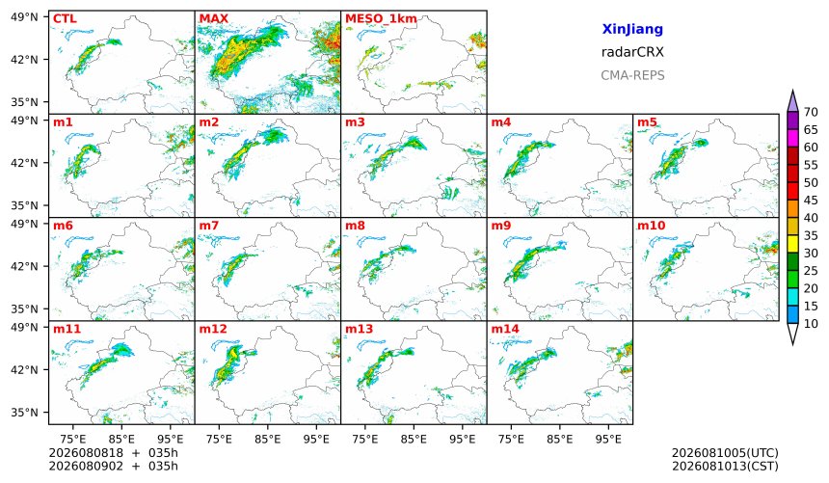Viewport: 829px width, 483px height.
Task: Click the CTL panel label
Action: (65, 19)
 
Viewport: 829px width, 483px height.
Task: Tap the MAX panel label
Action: (214, 19)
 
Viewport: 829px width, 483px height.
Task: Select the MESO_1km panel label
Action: (381, 19)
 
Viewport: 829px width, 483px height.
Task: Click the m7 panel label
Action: (209, 226)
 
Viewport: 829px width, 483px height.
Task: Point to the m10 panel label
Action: (651, 226)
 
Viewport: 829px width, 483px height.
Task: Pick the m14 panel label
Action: (505, 329)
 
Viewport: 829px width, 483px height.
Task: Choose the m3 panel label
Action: (355, 122)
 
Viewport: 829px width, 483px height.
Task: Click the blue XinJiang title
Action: (632, 29)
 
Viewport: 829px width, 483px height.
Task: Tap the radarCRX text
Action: (632, 52)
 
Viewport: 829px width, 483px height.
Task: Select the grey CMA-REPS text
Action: (632, 75)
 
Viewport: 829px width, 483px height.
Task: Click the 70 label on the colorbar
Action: (811, 112)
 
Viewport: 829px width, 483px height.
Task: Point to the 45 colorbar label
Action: (811, 201)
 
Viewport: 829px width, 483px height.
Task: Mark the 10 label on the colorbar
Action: (811, 324)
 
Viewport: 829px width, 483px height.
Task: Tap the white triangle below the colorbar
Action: (792, 334)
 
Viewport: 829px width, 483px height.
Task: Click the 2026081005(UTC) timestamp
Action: (725, 453)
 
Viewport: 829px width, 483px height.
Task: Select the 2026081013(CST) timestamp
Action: (725, 467)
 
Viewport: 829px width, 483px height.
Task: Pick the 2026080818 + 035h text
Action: (113, 453)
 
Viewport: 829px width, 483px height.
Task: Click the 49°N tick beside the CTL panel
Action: (24, 17)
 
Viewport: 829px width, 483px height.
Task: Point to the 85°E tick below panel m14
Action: (560, 439)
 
